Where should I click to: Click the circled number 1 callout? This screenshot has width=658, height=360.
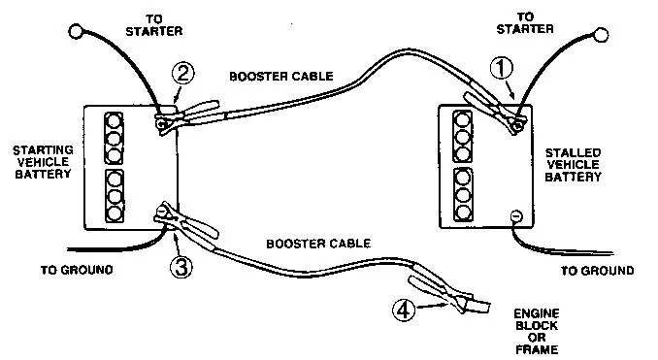tap(502, 68)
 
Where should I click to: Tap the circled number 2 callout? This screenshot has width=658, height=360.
tap(183, 74)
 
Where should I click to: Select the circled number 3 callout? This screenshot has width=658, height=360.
tap(181, 267)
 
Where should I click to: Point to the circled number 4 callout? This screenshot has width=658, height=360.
tap(404, 311)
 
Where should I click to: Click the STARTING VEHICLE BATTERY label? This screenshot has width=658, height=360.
tap(43, 162)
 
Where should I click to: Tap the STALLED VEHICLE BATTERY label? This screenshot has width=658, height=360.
tap(574, 165)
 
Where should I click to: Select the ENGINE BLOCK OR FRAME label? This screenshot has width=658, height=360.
tap(537, 332)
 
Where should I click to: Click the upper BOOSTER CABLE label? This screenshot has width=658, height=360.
tap(281, 77)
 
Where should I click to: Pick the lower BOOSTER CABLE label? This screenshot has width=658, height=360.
tap(318, 244)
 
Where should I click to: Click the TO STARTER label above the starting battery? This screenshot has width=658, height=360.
tap(154, 25)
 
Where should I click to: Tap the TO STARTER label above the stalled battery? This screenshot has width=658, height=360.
tap(525, 23)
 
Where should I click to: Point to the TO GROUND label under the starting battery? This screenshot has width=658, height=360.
tap(77, 270)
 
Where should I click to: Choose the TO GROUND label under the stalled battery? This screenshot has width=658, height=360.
tap(598, 271)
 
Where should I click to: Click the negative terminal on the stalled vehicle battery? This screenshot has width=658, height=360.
tap(516, 216)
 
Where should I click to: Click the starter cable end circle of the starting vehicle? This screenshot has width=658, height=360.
tap(76, 31)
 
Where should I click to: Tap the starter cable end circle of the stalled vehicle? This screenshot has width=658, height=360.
tap(602, 35)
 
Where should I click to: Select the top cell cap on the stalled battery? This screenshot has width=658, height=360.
tap(462, 120)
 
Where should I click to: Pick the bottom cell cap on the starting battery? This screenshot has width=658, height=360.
tap(115, 213)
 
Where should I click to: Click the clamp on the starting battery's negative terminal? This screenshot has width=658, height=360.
tap(184, 220)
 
